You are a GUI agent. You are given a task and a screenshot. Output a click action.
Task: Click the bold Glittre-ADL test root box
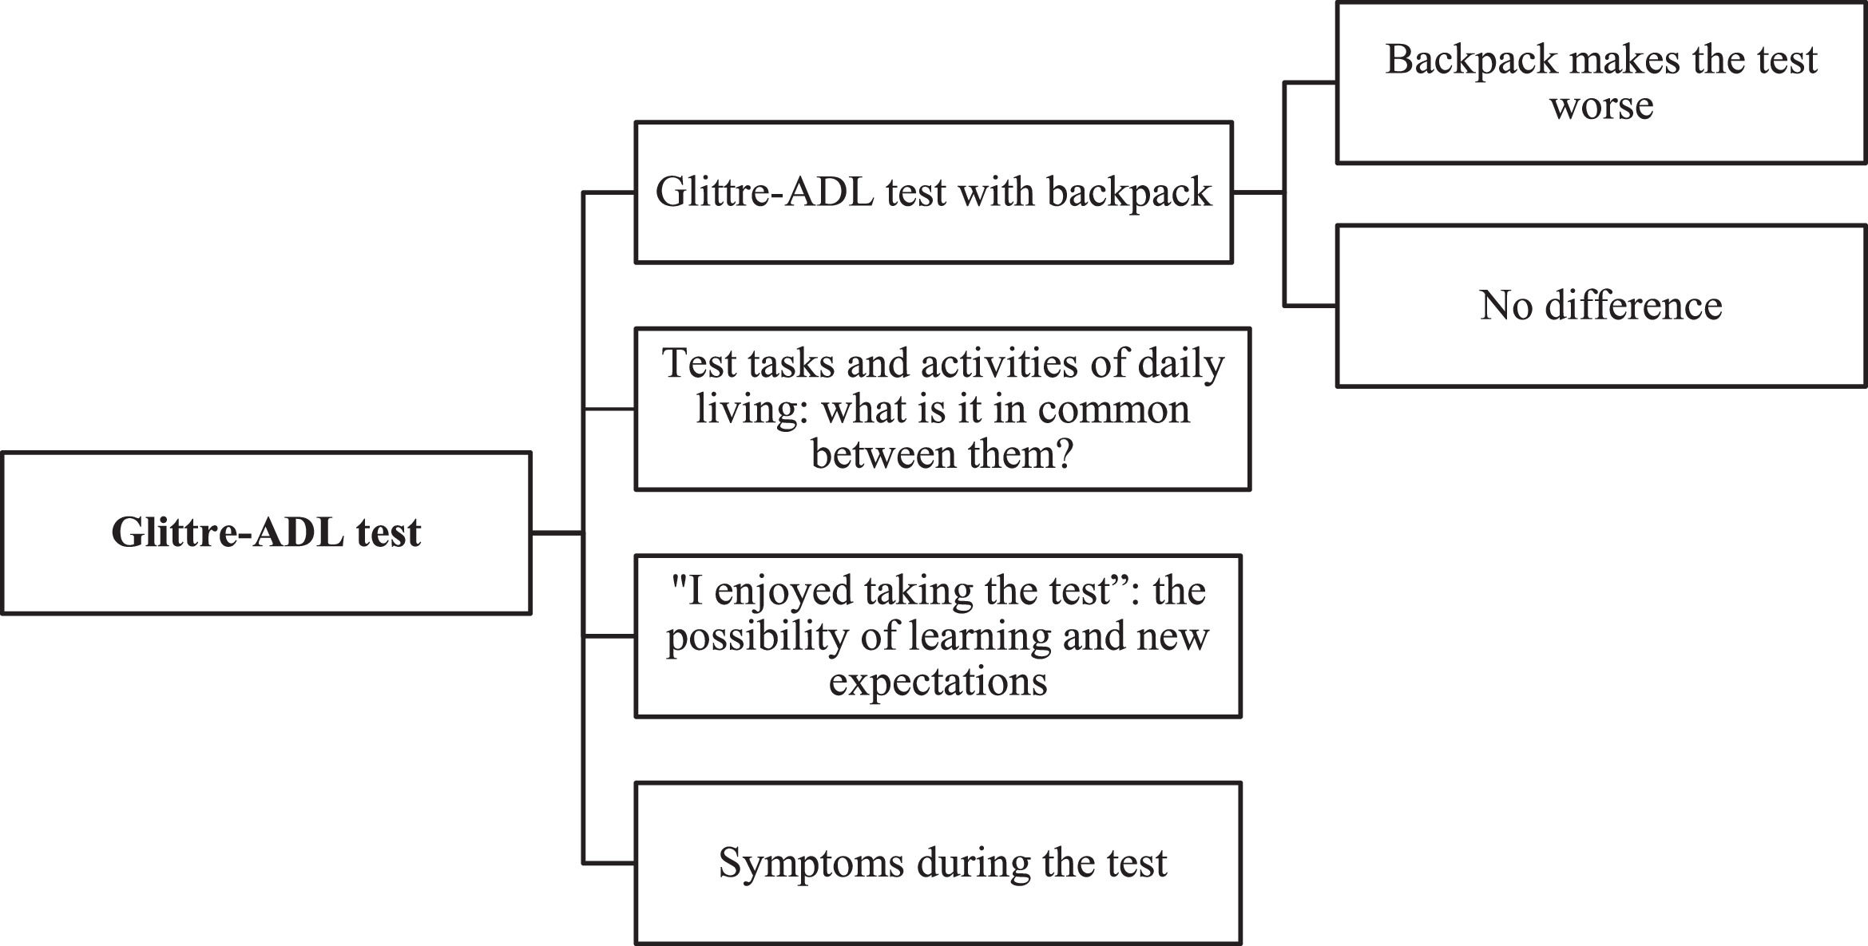pos(266,532)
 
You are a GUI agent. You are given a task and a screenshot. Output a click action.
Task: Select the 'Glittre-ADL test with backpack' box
pos(933,192)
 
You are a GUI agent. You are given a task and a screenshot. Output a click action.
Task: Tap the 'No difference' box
pos(1600,306)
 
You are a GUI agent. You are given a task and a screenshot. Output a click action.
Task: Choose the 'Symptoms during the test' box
pos(938,863)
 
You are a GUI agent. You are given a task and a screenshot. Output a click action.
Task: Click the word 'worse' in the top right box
pos(1601,106)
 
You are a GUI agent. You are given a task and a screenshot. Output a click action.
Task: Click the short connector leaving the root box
pos(557,532)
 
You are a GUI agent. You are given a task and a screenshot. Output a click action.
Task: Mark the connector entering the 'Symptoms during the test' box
pos(609,863)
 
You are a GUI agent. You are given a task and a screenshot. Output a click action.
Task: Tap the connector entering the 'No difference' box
pos(1310,306)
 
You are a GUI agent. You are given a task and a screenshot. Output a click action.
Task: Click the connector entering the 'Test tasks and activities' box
pos(609,410)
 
